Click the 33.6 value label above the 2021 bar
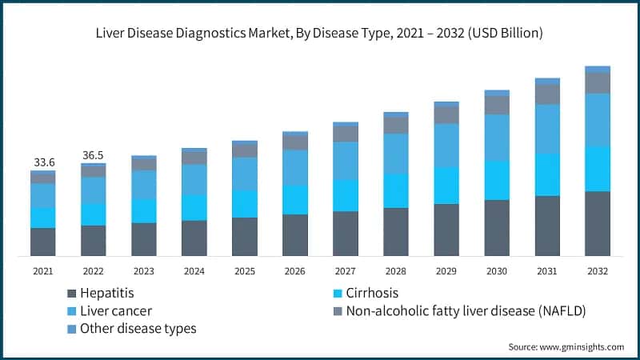pos(43,162)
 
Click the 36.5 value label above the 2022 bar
pos(94,155)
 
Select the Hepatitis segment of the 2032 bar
pos(598,223)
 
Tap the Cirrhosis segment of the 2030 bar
pos(497,180)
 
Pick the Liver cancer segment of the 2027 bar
pos(346,161)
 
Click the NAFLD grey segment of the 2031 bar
pos(547,94)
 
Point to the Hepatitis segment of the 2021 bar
pos(43,242)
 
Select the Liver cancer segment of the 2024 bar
pos(194,180)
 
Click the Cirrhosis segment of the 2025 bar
pos(245,204)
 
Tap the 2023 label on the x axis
pos(144,271)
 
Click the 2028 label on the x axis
pos(396,271)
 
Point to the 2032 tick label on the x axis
pos(598,271)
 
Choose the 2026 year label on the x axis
pos(295,271)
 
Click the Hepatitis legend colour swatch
pos(74,294)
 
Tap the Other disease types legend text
pos(139,328)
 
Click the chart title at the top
pos(320,33)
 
